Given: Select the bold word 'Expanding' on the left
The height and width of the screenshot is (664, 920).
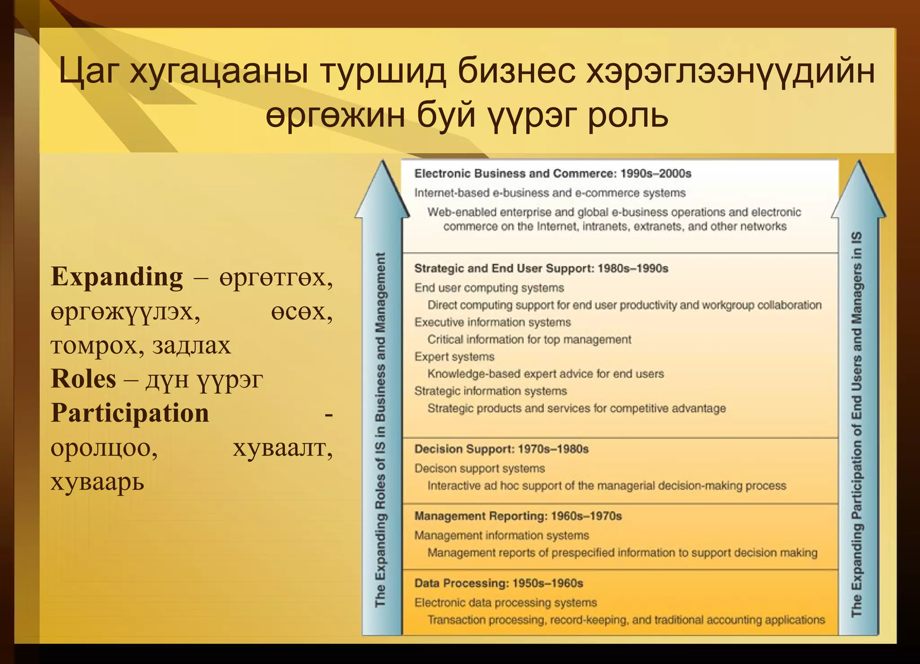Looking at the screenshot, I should pyautogui.click(x=117, y=277).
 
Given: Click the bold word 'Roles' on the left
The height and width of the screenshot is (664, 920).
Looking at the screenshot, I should pyautogui.click(x=84, y=379).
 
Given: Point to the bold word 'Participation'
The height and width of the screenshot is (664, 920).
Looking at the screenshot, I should pyautogui.click(x=130, y=413).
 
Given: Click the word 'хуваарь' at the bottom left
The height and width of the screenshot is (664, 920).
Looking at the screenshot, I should pyautogui.click(x=97, y=482).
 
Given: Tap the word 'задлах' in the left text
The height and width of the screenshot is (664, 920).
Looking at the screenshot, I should pyautogui.click(x=191, y=345).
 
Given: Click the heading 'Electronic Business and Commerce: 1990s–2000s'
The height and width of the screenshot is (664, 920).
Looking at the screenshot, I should pyautogui.click(x=553, y=174).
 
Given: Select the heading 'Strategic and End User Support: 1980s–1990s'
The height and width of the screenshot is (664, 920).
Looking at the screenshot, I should pyautogui.click(x=541, y=268).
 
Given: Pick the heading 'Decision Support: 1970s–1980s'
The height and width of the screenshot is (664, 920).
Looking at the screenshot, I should pyautogui.click(x=501, y=449).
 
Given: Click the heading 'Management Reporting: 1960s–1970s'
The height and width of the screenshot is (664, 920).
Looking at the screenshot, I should pyautogui.click(x=517, y=516).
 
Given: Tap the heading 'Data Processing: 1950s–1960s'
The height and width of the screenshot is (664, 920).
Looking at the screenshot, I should pyautogui.click(x=498, y=583).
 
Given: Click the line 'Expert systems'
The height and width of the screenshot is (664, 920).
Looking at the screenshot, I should pyautogui.click(x=454, y=357).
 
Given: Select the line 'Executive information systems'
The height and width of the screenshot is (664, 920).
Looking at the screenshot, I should pyautogui.click(x=492, y=322).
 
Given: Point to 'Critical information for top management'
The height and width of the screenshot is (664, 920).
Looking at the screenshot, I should pyautogui.click(x=529, y=339).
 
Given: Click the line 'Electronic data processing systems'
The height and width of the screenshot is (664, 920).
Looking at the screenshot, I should pyautogui.click(x=505, y=602).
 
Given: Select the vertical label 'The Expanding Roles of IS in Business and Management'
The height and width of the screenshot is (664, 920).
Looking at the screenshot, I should pyautogui.click(x=380, y=429).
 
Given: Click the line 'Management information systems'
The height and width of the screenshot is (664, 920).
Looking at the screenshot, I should pyautogui.click(x=501, y=535).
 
